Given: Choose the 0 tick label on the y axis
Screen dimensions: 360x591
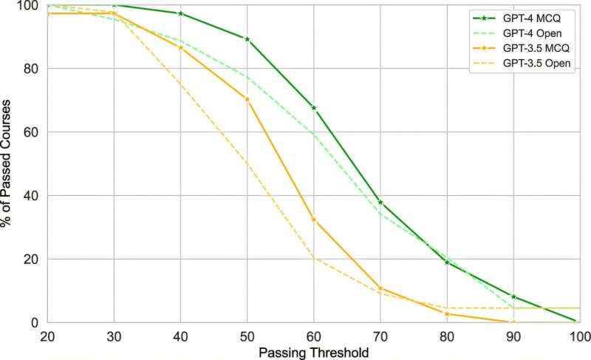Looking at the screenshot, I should coord(30,323).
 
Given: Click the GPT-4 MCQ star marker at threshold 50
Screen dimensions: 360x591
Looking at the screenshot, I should coord(247,38).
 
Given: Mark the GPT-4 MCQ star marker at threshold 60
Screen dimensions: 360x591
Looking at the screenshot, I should coord(313,108).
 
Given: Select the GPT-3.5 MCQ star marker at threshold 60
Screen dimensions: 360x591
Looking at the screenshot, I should coord(313,220).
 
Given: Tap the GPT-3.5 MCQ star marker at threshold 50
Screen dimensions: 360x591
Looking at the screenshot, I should coord(247,99).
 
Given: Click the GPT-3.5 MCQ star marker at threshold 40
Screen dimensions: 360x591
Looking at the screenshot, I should coord(180,47).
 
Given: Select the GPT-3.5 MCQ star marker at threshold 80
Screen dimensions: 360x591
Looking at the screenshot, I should coord(446,313).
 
